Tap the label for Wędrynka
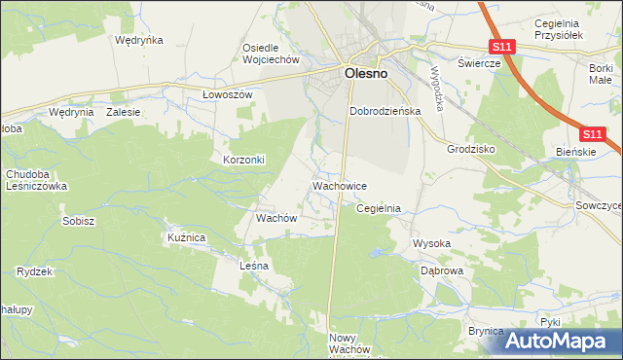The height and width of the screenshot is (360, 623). [138, 41]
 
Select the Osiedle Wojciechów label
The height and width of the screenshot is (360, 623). [270, 54]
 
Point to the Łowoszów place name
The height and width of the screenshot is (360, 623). [227, 94]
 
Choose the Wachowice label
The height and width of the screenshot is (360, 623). [339, 185]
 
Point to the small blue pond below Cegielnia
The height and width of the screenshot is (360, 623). [375, 255]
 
